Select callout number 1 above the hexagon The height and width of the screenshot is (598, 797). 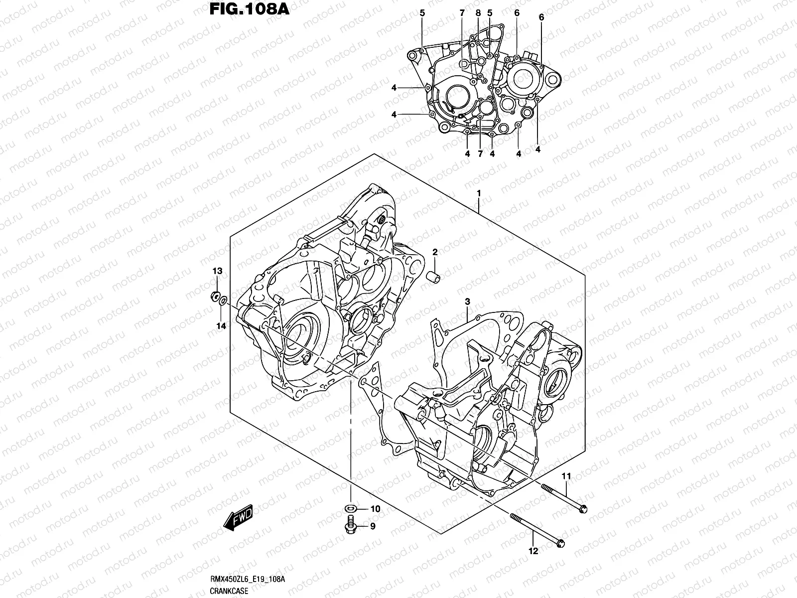pos(478,193)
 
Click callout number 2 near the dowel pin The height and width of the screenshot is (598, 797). pos(435,253)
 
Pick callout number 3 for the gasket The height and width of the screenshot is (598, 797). pos(468,302)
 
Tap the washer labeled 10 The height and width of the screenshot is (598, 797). pos(350,509)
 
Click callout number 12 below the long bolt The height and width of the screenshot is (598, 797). pos(533,551)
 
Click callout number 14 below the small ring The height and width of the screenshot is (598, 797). pos(221,326)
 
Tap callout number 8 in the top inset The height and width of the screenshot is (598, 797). pos(478,13)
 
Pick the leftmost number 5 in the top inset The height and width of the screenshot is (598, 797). pos(422,13)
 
